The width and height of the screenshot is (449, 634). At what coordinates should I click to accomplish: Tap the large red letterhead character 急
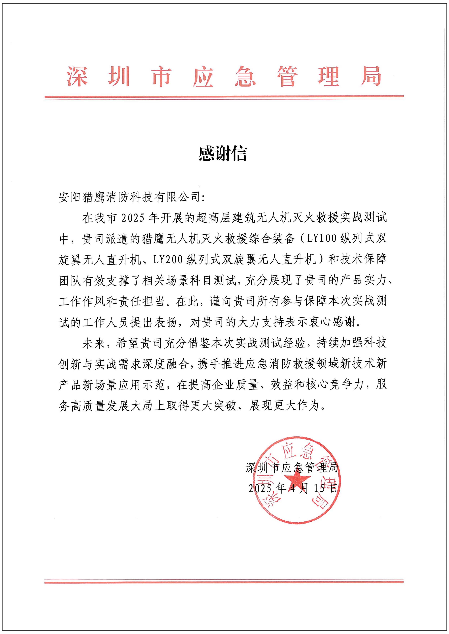click(x=245, y=76)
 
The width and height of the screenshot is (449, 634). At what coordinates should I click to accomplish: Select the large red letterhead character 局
click(x=371, y=76)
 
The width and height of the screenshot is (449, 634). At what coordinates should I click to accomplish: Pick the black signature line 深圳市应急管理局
click(x=292, y=468)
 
